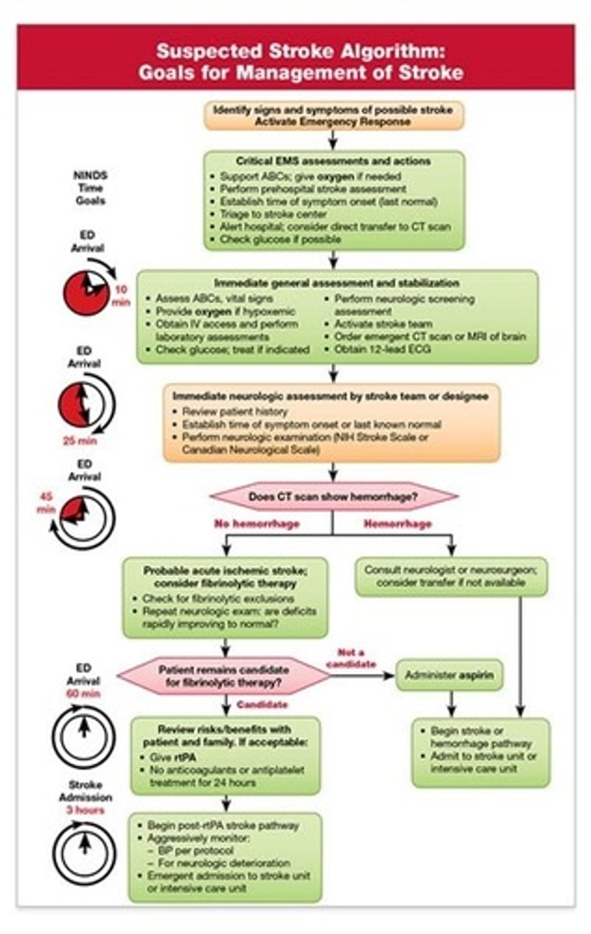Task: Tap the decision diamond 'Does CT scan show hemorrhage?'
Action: tap(332, 497)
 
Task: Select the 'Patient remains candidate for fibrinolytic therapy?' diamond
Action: tap(224, 675)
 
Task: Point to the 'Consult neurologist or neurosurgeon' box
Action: tap(451, 577)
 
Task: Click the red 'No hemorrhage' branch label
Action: tap(257, 524)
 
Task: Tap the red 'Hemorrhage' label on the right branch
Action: tap(397, 524)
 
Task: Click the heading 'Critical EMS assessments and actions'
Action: tap(334, 161)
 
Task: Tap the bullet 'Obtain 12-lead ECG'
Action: tap(379, 349)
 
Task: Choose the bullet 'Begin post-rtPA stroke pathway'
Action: tap(220, 824)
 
